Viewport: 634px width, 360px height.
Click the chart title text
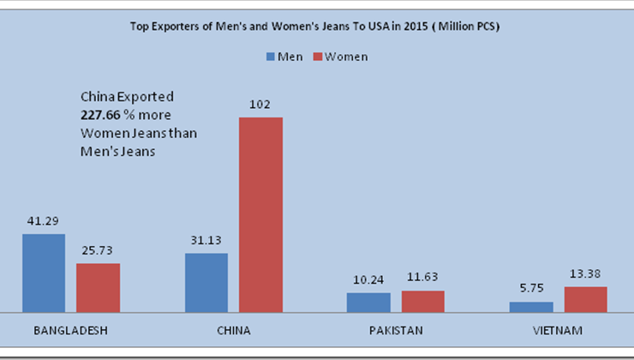click(314, 27)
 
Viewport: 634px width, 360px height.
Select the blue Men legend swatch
click(270, 57)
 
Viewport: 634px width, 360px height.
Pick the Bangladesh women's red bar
click(98, 287)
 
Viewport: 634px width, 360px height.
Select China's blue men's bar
click(206, 282)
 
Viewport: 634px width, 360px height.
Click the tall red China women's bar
click(260, 214)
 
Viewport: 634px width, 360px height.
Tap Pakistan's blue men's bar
click(368, 302)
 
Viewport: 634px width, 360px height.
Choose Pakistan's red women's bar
click(422, 301)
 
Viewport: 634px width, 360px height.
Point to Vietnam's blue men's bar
click(531, 306)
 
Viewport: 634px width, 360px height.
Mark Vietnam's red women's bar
click(585, 299)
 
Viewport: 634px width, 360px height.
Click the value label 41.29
click(43, 222)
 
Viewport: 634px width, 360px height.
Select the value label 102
click(260, 105)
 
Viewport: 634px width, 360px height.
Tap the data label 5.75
click(531, 290)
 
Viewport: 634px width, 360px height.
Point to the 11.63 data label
click(422, 279)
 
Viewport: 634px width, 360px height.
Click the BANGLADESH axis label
click(70, 330)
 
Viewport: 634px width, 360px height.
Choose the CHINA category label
click(233, 330)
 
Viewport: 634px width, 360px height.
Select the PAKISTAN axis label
click(395, 330)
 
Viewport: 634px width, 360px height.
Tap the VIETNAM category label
click(558, 330)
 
